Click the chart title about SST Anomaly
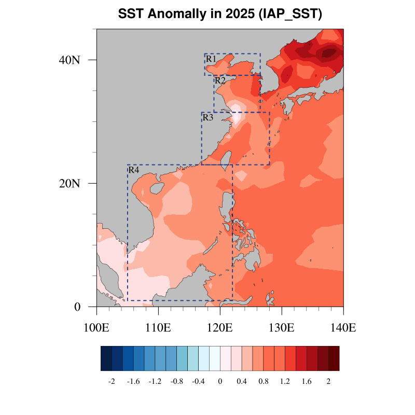tap(220, 14)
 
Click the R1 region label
tap(211, 59)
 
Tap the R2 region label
tap(220, 80)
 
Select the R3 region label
tap(208, 118)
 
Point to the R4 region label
tap(133, 170)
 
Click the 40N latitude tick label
tap(70, 60)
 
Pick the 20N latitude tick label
tap(70, 183)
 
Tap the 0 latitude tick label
tap(77, 307)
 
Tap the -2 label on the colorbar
tap(111, 381)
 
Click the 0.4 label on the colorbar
tap(242, 381)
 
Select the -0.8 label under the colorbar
tap(176, 381)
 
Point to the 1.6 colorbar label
tap(307, 381)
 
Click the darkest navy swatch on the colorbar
tap(106, 358)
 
